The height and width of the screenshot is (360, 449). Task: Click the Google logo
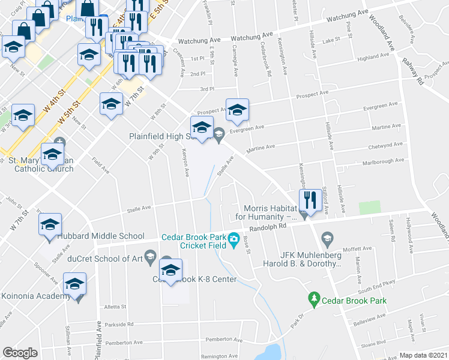coord(20,353)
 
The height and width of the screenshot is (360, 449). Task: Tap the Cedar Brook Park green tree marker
coord(313,298)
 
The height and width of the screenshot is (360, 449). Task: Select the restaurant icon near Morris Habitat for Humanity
coord(309,200)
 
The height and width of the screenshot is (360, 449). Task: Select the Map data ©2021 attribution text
coord(424,355)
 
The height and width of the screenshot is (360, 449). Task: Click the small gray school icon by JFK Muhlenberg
coord(327,239)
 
